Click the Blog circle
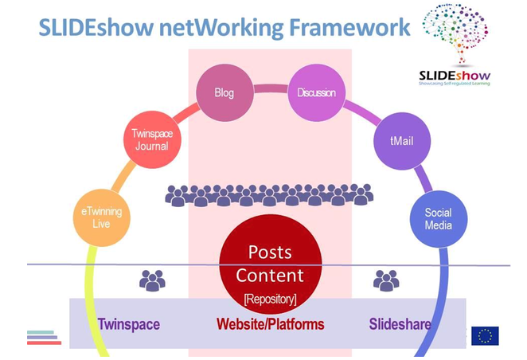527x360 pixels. tap(224, 93)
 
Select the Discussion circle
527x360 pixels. tap(316, 93)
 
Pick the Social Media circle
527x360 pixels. tap(438, 219)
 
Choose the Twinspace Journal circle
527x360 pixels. tap(151, 141)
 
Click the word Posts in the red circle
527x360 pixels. tap(270, 252)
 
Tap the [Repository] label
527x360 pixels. tap(270, 299)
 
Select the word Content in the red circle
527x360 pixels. tap(270, 276)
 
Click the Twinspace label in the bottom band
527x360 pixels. tap(129, 325)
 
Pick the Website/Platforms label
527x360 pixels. tap(270, 325)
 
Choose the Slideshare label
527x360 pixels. tap(400, 325)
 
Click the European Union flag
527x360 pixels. tap(485, 335)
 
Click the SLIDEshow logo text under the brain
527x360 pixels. tap(455, 76)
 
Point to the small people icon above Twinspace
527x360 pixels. tap(152, 280)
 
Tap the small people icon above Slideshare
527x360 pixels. tap(386, 280)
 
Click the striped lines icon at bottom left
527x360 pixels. tap(44, 337)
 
